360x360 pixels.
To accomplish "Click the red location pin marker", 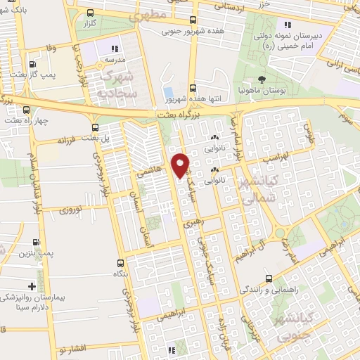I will pos(181,164).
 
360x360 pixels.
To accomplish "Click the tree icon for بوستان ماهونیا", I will pos(262,79).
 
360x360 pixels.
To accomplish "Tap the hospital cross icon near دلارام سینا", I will pos(32,286).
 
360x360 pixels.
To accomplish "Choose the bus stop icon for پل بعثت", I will pos(96,127).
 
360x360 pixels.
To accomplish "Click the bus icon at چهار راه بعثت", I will pos(27,109).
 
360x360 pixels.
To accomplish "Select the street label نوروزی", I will pos(71,210).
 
